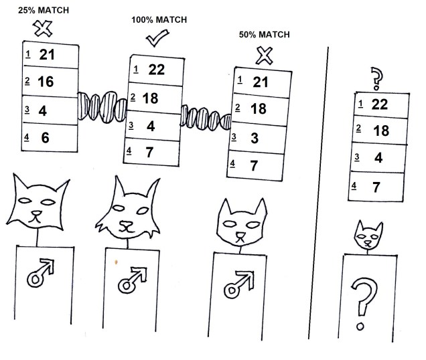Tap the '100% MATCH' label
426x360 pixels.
tap(158, 21)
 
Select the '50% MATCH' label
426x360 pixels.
tap(265, 33)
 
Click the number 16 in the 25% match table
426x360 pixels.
tap(47, 82)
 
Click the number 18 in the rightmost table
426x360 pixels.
tap(380, 130)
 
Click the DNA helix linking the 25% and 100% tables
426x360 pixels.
tap(102, 107)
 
